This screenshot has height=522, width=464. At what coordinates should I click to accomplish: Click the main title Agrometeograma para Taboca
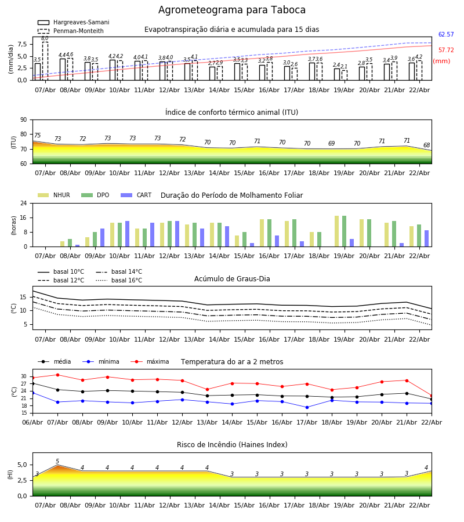(232, 10)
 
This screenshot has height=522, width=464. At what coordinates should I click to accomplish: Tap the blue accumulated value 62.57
(445, 35)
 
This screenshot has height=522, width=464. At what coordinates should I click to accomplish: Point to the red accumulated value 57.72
(445, 50)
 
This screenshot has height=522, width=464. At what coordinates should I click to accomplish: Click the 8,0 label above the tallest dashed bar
(45, 38)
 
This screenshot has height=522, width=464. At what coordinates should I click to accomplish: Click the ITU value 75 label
(37, 136)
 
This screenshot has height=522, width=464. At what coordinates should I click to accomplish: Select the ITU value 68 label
(426, 146)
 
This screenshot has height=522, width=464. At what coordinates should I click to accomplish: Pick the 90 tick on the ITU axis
(23, 120)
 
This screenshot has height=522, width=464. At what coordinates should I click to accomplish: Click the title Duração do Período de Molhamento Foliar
(231, 195)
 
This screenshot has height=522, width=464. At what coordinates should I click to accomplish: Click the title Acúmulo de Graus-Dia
(232, 279)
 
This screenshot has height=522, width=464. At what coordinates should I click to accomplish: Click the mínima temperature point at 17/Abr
(307, 407)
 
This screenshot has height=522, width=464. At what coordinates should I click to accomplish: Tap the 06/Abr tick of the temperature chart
(32, 422)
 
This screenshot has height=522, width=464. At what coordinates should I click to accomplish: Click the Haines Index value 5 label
(57, 462)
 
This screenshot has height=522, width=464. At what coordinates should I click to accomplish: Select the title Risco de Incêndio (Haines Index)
(232, 445)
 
